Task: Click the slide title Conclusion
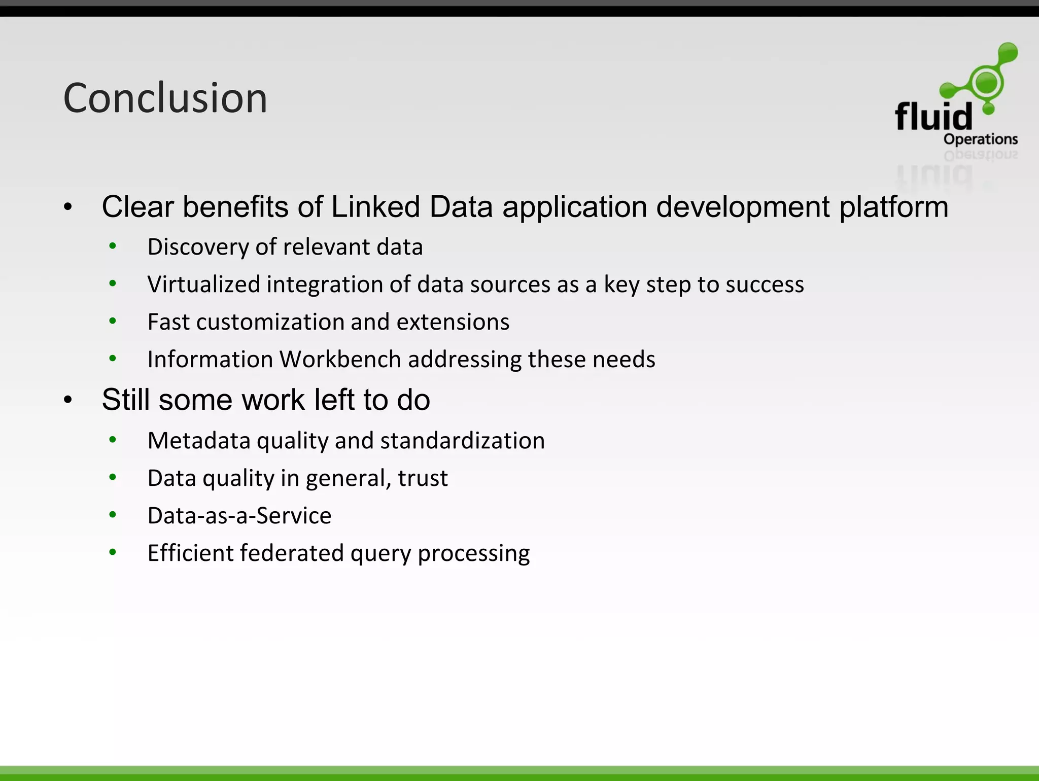point(165,98)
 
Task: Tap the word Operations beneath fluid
point(980,139)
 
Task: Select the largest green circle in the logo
point(986,82)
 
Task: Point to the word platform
point(893,207)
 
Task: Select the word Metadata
point(199,441)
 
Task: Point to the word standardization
point(462,441)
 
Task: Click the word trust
point(423,478)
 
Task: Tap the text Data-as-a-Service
point(239,516)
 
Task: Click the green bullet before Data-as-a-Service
point(113,515)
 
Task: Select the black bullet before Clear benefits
point(68,207)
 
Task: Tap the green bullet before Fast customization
point(113,321)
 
